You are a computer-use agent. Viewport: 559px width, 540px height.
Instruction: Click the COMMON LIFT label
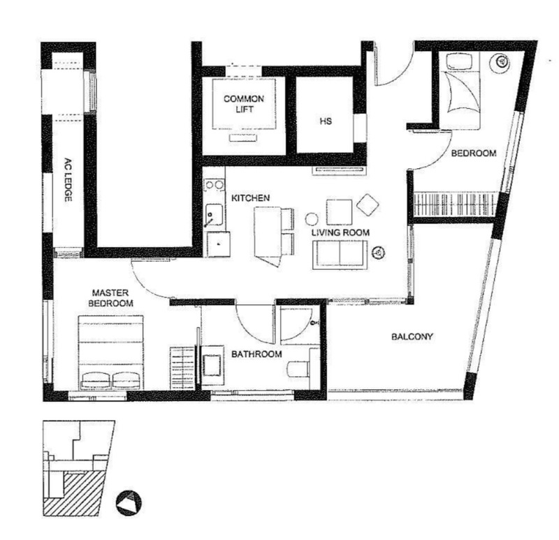244,103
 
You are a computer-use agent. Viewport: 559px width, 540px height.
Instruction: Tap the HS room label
326,121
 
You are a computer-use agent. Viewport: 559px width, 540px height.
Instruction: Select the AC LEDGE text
68,180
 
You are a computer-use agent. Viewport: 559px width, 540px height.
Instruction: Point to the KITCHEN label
251,198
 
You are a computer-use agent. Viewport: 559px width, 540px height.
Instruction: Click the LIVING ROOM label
340,233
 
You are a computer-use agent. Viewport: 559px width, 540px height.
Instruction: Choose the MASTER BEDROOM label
110,298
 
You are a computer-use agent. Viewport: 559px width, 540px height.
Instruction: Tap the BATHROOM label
256,354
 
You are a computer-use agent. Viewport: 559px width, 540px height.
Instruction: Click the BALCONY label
412,336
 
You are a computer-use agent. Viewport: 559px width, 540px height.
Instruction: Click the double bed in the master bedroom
111,352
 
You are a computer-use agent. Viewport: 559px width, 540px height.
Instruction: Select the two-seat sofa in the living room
340,255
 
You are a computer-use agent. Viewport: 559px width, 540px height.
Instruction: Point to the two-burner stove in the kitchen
214,185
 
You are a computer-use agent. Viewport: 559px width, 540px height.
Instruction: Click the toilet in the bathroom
299,369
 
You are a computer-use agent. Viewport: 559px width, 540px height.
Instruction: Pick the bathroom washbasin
213,365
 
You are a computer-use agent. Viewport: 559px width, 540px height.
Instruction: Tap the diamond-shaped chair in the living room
368,204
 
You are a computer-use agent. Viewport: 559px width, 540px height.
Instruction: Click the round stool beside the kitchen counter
312,218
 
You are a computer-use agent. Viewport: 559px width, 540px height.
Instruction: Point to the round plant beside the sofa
378,253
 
